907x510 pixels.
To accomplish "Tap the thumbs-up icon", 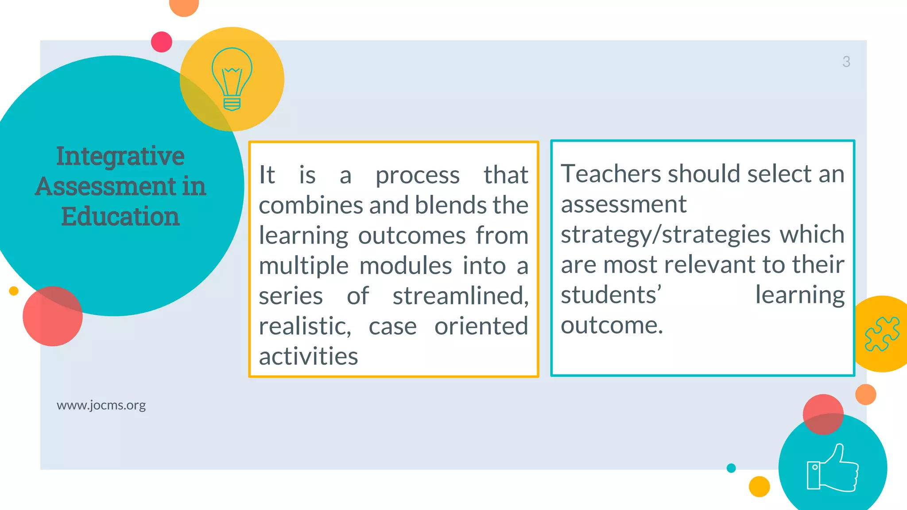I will [x=833, y=469].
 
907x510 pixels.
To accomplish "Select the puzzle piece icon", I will [x=882, y=334].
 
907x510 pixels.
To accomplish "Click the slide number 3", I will [x=846, y=62].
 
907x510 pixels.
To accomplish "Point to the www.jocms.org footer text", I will [x=101, y=405].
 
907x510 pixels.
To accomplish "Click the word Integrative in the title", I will [x=120, y=156].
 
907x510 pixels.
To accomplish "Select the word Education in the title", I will [x=120, y=216].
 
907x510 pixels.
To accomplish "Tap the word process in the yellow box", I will [x=417, y=175].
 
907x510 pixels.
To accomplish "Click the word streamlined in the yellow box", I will [x=461, y=296].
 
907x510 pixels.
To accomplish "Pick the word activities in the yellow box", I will [x=308, y=356].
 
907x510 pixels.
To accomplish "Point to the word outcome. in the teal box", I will [x=612, y=325].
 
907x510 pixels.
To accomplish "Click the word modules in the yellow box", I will [x=406, y=266].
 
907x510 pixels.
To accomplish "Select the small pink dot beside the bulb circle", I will [x=162, y=42].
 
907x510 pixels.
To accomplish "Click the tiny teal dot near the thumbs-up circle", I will [x=731, y=468].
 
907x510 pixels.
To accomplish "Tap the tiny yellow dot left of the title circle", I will [x=14, y=291].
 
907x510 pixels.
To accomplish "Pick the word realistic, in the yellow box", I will [x=305, y=326].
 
